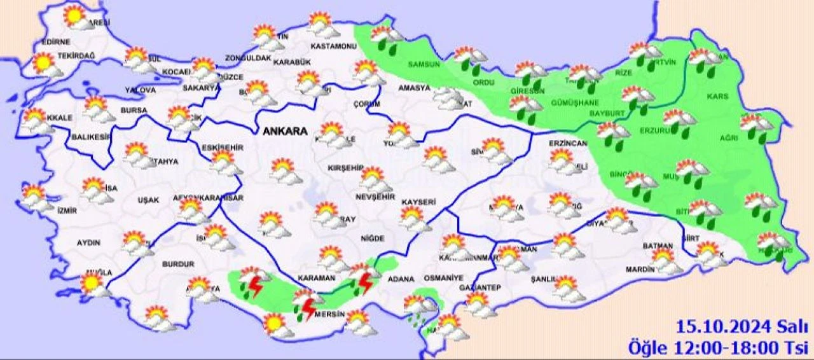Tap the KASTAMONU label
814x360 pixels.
click(333, 46)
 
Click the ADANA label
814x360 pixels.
click(401, 279)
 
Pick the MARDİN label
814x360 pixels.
click(639, 269)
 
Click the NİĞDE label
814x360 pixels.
click(372, 239)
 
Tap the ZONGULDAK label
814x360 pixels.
click(248, 58)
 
